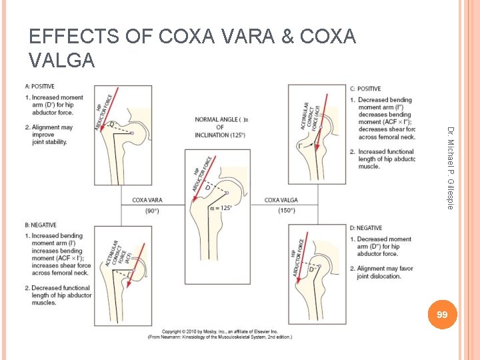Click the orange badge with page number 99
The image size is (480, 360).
439,314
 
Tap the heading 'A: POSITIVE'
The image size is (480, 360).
39,86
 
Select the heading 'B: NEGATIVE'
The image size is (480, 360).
40,225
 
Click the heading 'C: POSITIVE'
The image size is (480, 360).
365,89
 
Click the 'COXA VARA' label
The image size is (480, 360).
147,200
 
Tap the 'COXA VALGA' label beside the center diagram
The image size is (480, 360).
281,200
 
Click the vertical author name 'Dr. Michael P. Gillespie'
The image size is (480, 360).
450,167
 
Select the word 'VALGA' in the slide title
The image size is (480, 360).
62,61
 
